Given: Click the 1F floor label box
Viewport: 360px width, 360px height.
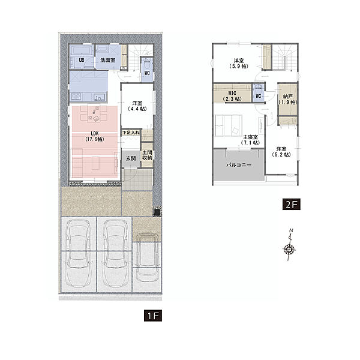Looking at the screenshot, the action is (x=153, y=316).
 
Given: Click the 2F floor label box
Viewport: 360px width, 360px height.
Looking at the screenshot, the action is (x=292, y=204).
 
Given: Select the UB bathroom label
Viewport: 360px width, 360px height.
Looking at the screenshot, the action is (x=82, y=60).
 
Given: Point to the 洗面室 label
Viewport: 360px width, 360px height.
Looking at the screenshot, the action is (x=107, y=60).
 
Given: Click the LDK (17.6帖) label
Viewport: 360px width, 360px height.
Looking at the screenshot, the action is (x=95, y=136).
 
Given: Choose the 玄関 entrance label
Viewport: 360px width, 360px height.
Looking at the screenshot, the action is (x=131, y=158).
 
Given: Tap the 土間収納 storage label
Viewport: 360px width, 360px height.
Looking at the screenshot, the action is (x=147, y=155).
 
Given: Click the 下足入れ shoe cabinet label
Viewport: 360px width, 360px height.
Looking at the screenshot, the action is (x=131, y=133).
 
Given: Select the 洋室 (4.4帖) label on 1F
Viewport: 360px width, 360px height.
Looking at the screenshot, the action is (x=137, y=106).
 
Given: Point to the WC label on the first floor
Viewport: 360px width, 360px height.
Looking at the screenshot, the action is (x=147, y=73).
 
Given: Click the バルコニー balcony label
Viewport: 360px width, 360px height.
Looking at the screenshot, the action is (x=239, y=165).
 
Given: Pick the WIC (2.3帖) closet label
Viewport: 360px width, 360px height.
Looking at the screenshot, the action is (x=232, y=96).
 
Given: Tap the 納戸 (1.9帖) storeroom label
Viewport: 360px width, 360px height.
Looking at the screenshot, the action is (x=287, y=99).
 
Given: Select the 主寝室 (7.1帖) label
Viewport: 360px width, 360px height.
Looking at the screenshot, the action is (x=250, y=140).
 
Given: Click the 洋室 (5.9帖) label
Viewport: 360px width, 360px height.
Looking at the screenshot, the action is (x=239, y=64).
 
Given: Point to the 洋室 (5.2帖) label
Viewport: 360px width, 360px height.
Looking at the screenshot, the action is (x=281, y=152).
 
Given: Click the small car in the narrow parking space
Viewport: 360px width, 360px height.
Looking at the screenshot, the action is (x=147, y=257).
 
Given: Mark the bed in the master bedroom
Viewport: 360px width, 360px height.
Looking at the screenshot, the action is (x=229, y=125).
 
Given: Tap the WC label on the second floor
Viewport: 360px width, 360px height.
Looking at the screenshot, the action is (x=259, y=96).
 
